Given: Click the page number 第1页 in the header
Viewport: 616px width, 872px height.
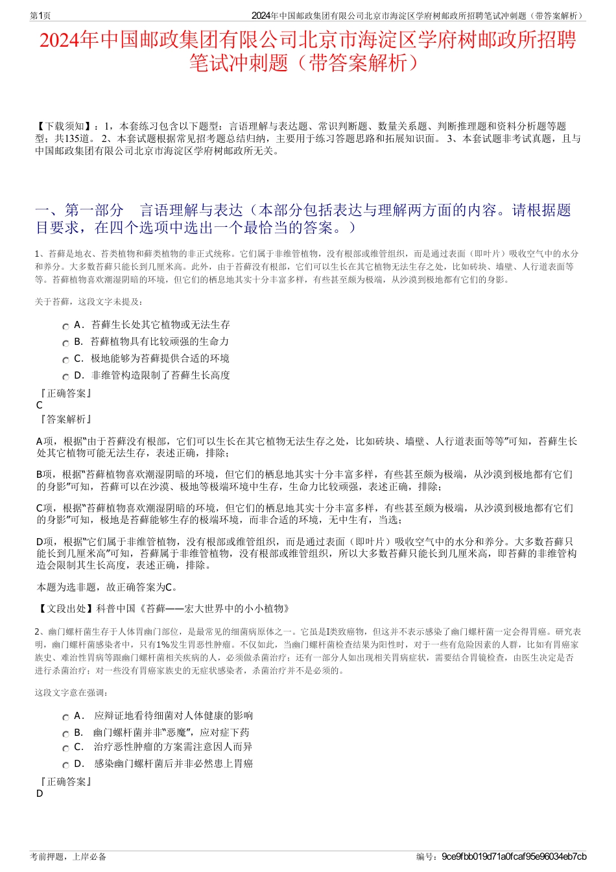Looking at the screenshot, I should tap(40, 16).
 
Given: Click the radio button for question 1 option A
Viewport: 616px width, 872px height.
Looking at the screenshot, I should tap(65, 327).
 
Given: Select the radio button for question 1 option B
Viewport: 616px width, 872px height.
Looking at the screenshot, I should tap(65, 344).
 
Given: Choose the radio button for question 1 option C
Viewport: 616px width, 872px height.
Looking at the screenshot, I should tap(65, 360).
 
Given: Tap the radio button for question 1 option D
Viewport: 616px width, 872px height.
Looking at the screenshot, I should tap(65, 377).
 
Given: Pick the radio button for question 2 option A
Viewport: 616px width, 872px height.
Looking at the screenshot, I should tap(65, 718).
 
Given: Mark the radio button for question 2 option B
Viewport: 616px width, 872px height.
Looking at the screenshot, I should tap(65, 735).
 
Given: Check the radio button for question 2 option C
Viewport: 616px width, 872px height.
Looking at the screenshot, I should tap(65, 749).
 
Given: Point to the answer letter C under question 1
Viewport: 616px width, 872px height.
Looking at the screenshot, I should tap(40, 405).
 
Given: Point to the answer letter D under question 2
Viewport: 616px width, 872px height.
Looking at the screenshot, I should tap(40, 794).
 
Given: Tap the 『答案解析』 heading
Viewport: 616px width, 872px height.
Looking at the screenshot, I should tap(65, 419).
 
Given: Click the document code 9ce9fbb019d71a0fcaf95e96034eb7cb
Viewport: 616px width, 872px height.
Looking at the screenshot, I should tap(514, 856).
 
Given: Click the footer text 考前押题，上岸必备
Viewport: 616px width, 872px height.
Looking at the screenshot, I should tap(68, 856).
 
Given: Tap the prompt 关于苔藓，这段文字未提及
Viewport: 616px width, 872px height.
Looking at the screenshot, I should tap(89, 301).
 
